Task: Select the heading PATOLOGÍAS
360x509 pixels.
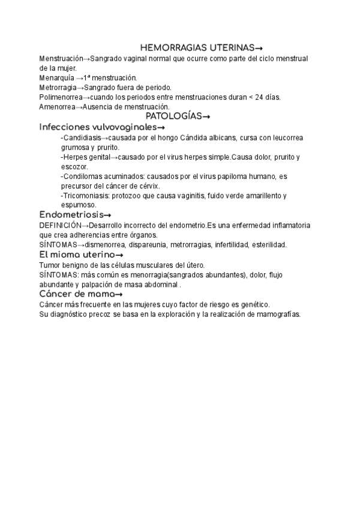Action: click(178, 116)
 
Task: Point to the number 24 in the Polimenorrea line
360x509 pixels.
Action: click(260, 97)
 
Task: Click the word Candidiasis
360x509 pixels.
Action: click(82, 138)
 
